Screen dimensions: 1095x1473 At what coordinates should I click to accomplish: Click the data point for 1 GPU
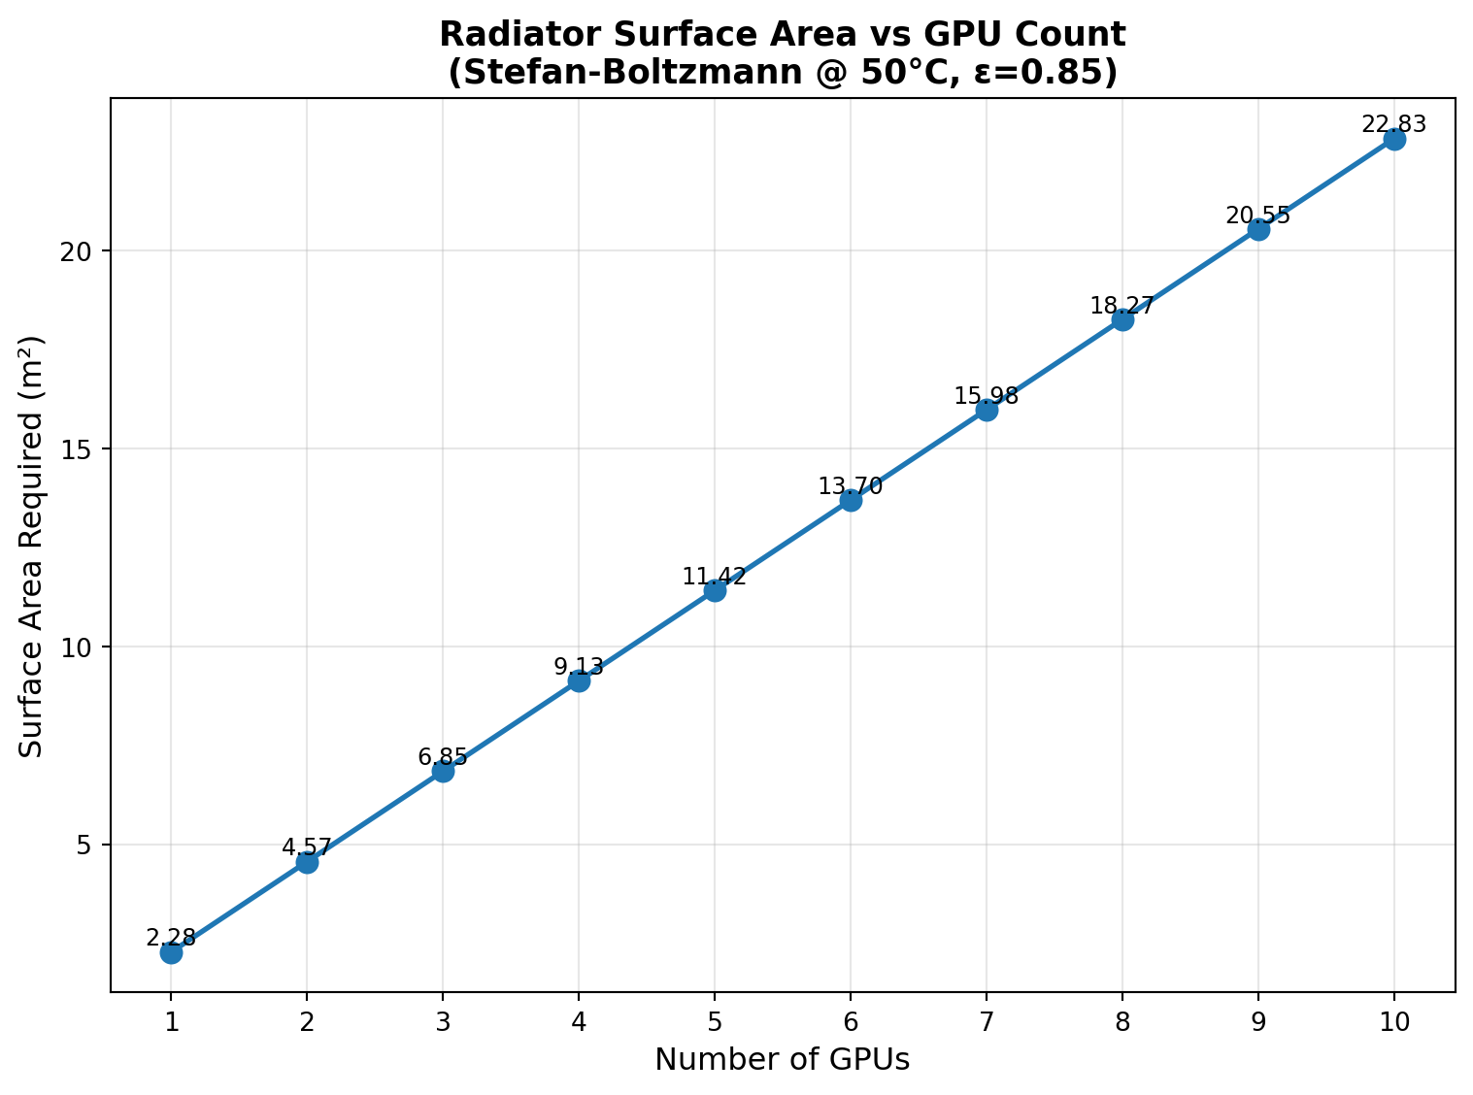pos(171,952)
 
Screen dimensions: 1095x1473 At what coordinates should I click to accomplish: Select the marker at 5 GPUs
pos(715,590)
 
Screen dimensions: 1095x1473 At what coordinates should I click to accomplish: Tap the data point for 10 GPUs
pos(1394,139)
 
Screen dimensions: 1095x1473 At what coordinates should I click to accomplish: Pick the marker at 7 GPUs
pos(987,410)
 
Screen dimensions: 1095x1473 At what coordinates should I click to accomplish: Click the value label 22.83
pos(1394,124)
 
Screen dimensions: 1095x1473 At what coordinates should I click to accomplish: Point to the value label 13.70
pos(851,486)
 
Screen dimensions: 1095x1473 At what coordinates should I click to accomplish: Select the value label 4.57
pos(307,847)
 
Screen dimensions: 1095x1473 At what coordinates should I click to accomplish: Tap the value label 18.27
pos(1122,306)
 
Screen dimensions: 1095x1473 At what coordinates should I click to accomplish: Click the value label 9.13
pos(579,667)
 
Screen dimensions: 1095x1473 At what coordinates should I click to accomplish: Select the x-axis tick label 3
pos(443,1021)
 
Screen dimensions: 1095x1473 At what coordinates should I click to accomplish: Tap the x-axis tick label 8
pos(1122,1021)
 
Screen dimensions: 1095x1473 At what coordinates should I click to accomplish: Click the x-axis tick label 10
pos(1394,1021)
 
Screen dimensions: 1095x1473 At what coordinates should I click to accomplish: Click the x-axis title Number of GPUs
pos(783,1060)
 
